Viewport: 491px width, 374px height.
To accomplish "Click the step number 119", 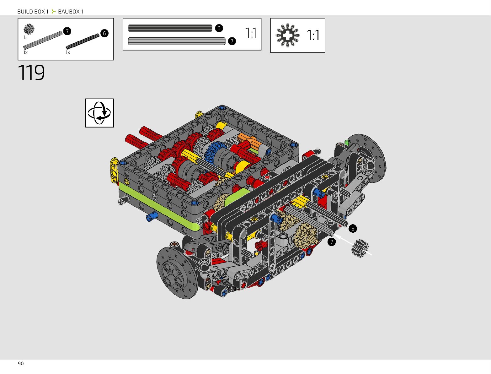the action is point(31,72).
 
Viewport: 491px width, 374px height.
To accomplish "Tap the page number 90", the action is point(21,364).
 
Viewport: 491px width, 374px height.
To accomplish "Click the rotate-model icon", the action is point(99,113).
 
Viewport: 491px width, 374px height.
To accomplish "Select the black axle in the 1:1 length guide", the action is point(170,28).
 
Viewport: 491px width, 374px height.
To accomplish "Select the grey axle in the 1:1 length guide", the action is point(177,41).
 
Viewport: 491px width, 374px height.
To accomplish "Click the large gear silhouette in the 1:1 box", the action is point(287,35).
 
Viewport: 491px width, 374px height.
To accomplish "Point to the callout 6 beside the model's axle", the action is point(353,229).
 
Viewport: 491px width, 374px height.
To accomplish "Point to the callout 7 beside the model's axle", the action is point(332,242).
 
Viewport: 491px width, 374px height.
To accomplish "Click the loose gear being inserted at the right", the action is point(360,248).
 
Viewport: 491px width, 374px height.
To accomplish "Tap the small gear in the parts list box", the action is point(29,29).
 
